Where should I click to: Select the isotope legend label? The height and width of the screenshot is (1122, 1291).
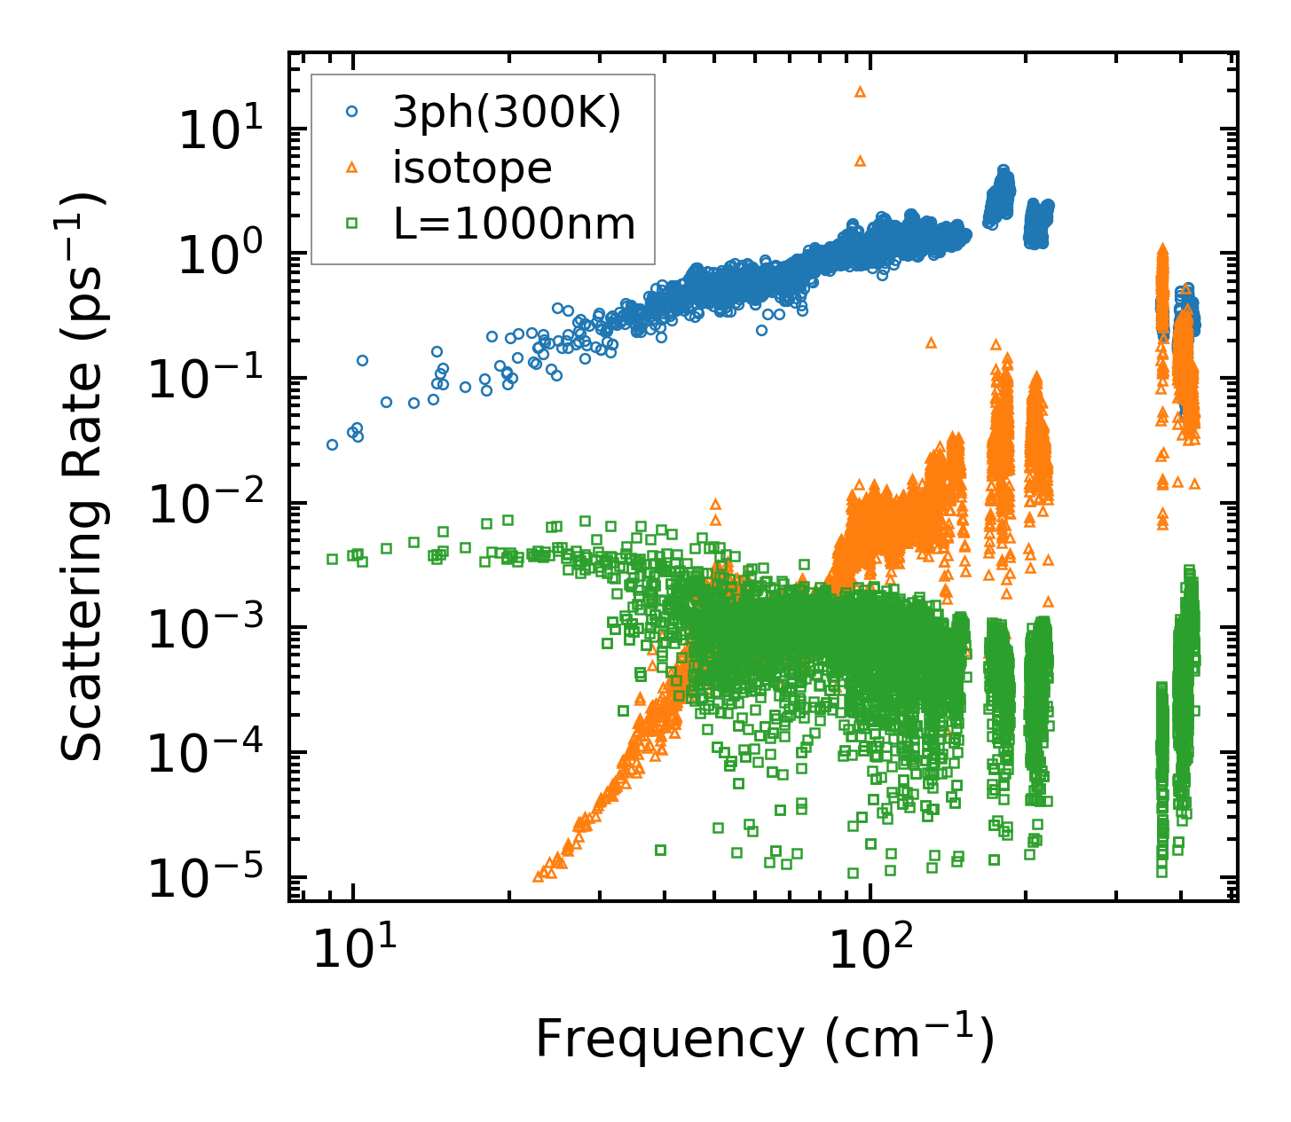coord(472,168)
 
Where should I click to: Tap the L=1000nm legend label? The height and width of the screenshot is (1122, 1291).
coord(515,224)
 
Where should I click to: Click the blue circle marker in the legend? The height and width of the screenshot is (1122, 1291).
coord(352,112)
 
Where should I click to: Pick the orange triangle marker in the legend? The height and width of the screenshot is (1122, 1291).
coord(352,168)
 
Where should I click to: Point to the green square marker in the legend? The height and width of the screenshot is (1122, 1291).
coord(352,224)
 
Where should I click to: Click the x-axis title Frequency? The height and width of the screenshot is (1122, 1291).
coord(764,1040)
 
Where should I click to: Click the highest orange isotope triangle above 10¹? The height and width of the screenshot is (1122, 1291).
coord(859,91)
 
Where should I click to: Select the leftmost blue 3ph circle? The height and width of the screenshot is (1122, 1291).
coord(332,444)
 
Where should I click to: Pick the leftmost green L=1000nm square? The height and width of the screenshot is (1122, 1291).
coord(332,559)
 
